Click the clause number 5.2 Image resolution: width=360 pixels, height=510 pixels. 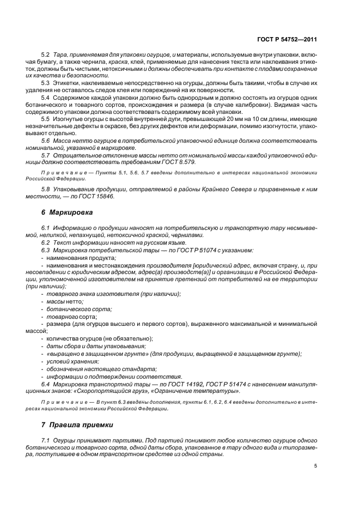pos(46,56)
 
